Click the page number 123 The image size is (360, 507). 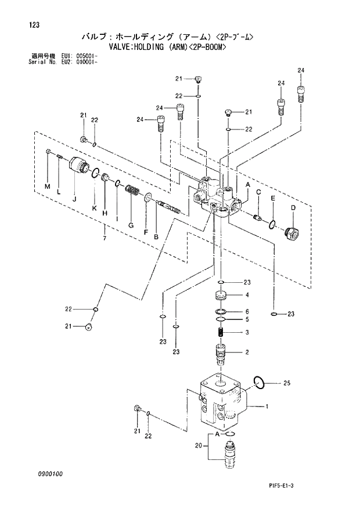(x=24, y=25)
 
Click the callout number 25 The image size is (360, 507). (x=286, y=383)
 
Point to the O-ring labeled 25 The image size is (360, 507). (x=260, y=382)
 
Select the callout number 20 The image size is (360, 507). (x=198, y=446)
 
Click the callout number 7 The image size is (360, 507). (x=104, y=238)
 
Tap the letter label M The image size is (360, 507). (x=48, y=185)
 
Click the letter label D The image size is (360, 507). (x=293, y=207)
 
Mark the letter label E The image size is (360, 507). (x=271, y=198)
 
